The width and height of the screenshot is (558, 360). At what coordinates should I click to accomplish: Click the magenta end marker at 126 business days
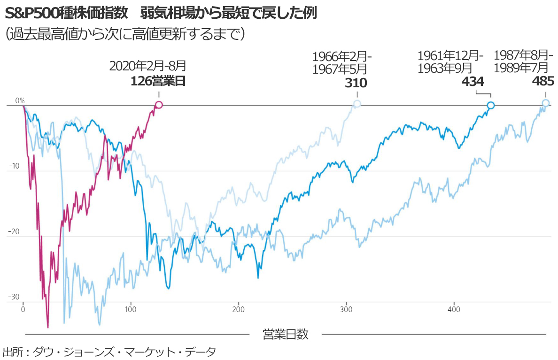(x=159, y=105)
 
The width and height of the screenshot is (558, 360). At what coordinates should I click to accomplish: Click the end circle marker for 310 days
(x=357, y=104)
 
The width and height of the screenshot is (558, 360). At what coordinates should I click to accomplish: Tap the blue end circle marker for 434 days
(x=490, y=106)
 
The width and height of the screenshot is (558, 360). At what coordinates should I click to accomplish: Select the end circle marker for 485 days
(x=545, y=103)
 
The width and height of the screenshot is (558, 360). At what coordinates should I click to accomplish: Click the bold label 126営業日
(x=158, y=81)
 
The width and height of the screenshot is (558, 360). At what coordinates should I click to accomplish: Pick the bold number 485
(x=543, y=82)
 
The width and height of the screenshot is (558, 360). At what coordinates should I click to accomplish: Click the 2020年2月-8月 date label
(x=147, y=66)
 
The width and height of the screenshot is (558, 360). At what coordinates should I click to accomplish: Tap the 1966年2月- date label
(x=342, y=57)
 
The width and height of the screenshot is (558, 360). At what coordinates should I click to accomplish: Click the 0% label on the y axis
(x=20, y=100)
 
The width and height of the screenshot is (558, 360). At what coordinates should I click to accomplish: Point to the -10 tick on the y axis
(x=15, y=166)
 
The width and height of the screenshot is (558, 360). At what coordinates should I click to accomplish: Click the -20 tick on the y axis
(x=15, y=232)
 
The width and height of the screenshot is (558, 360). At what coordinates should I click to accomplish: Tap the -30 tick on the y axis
(x=15, y=297)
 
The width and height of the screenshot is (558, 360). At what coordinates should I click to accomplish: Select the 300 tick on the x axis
(x=346, y=310)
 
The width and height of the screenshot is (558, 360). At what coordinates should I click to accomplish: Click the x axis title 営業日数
(x=285, y=334)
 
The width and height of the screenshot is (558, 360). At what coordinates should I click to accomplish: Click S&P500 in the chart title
(x=28, y=13)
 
